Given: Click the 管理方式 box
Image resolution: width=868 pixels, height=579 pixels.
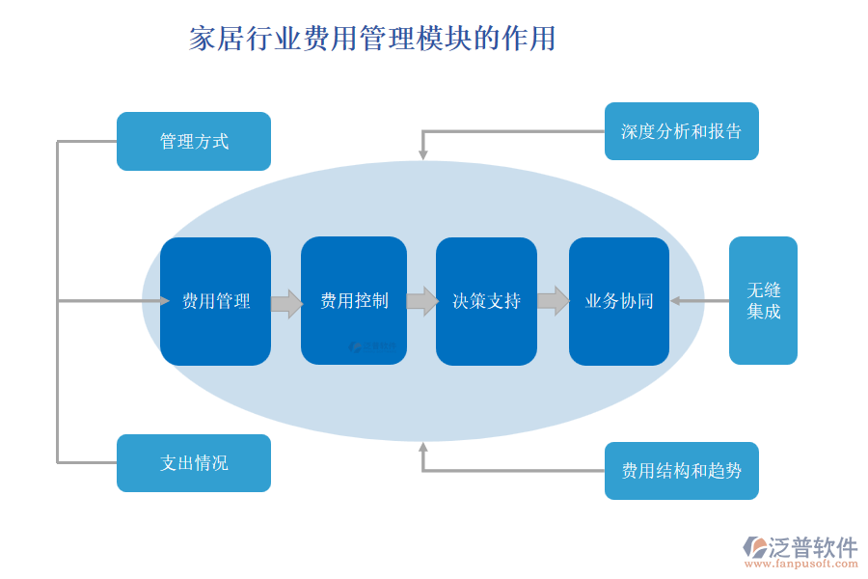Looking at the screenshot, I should click(193, 142).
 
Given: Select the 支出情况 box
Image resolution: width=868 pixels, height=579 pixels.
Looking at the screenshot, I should click(193, 463).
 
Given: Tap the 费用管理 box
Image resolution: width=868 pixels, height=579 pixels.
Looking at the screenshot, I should click(215, 301).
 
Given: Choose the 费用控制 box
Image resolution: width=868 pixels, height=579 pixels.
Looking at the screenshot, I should click(354, 301).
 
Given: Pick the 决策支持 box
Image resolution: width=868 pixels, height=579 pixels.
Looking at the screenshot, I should click(486, 301).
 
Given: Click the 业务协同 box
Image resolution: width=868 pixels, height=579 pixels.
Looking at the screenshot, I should click(618, 301).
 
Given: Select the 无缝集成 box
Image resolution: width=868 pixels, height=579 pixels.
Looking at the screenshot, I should click(763, 301).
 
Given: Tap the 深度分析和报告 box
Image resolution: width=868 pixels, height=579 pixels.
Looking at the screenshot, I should click(681, 131).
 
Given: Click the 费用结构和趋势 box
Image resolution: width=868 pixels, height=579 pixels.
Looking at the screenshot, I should click(681, 471).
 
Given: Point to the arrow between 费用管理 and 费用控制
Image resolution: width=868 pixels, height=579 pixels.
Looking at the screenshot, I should click(286, 304).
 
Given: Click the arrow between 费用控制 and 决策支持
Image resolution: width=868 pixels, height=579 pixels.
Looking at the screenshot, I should click(422, 301).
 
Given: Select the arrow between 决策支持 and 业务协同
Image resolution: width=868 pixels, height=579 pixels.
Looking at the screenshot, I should click(553, 301).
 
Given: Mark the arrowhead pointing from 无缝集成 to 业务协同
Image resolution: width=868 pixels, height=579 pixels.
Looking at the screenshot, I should click(676, 301).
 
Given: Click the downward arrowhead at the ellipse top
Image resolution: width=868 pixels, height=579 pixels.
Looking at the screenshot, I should click(422, 154).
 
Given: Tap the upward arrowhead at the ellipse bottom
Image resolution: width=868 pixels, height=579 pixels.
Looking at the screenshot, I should click(422, 447).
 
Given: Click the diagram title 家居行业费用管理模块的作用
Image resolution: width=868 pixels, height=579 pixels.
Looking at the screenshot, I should click(372, 39).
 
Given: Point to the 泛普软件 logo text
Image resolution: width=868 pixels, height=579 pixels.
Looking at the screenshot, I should click(813, 547).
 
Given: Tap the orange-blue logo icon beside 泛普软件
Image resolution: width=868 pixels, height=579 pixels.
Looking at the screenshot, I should click(754, 547).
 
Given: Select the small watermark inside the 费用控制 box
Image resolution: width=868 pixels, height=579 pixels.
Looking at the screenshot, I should click(372, 345).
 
